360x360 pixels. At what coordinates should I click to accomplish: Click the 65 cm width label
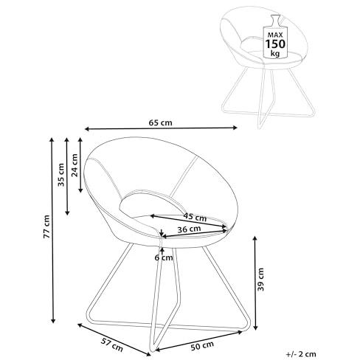coord(160,122)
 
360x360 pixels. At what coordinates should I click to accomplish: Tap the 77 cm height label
coord(46,226)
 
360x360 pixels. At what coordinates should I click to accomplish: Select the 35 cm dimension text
coord(61,175)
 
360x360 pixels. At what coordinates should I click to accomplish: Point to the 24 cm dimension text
coord(75,165)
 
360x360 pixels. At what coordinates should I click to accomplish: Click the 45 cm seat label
coord(195,217)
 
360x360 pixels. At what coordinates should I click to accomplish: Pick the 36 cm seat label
coord(189,229)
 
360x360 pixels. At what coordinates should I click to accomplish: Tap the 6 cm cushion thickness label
coord(164,257)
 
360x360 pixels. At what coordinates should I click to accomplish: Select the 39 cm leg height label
coord(260,280)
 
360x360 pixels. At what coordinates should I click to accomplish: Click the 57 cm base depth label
coord(112,345)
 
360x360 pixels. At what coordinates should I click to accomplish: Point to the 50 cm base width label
coord(202,346)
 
